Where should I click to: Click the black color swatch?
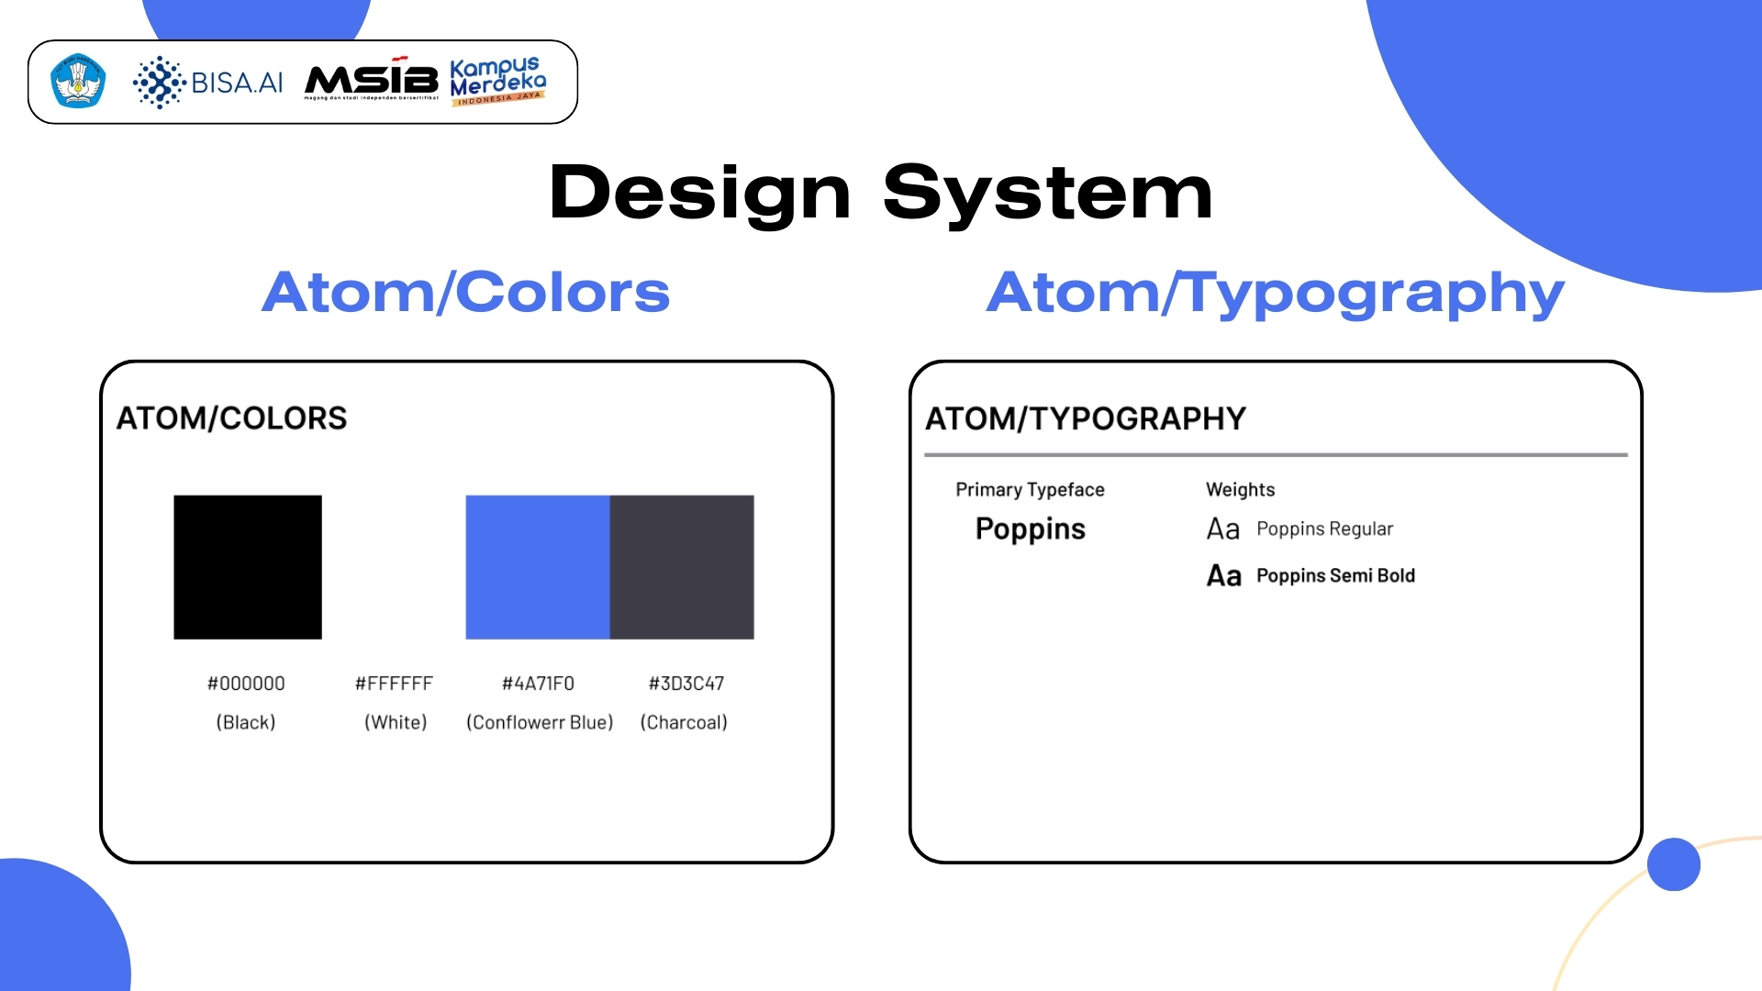248,567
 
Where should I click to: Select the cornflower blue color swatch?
538,567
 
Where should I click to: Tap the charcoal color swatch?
682,567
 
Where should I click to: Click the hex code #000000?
246,684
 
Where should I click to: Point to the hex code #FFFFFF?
394,684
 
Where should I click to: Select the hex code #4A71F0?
538,684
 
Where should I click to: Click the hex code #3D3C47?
686,684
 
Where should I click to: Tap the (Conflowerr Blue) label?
540,722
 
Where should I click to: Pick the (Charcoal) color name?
684,722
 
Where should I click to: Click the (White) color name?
396,722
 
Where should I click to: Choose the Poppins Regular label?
1324,529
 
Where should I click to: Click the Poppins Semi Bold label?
1335,575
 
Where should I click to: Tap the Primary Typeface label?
1030,489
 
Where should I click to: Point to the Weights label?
1240,489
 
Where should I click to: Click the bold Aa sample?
1223,575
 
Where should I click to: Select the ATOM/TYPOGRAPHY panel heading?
1085,418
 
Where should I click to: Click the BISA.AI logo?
208,83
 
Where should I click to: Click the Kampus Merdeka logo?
497,82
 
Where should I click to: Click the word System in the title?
1047,194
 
